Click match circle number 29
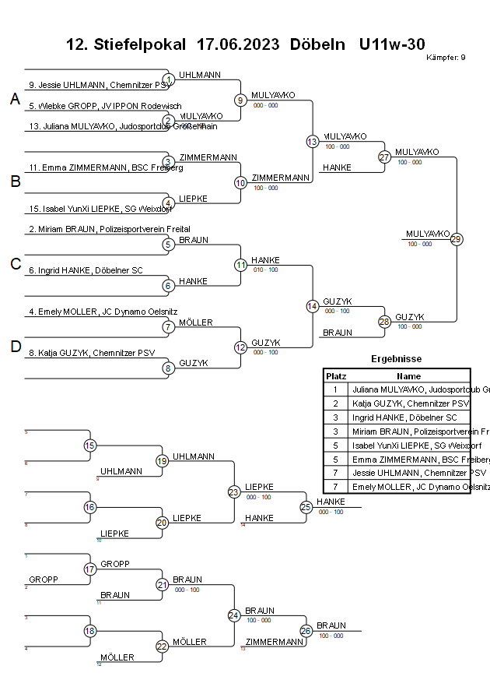tap(457, 239)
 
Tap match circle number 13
tap(312, 142)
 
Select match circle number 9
tap(240, 100)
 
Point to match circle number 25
tap(306, 507)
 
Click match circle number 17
tap(89, 569)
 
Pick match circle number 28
tap(384, 322)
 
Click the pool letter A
tap(15, 99)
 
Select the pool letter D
tap(15, 347)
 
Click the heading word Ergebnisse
tap(397, 359)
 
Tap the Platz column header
tap(335, 375)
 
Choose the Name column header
tap(408, 375)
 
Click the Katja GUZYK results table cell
tap(411, 403)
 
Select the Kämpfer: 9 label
tap(446, 58)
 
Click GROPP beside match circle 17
tap(44, 580)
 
